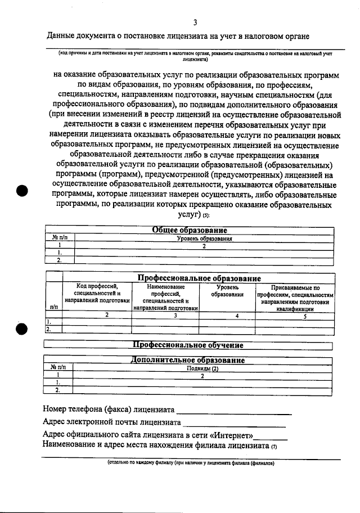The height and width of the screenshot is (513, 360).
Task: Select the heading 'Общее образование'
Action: point(190,230)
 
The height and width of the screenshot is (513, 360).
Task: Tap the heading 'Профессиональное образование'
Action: point(199,278)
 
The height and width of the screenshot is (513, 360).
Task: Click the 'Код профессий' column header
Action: point(97,293)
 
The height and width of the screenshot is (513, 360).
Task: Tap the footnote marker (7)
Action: point(274,447)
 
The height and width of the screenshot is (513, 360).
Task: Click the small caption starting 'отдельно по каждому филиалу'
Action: point(192,464)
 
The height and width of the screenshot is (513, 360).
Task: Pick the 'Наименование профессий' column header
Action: point(166,297)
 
